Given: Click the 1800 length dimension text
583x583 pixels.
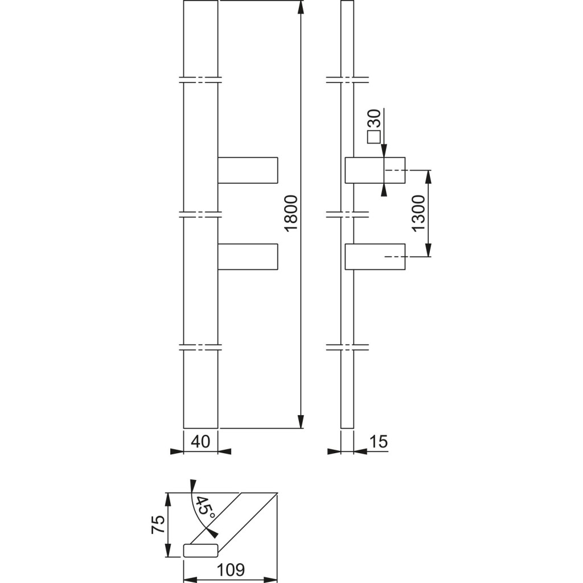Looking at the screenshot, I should [291, 214].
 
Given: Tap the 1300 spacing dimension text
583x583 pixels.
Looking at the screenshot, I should [419, 213].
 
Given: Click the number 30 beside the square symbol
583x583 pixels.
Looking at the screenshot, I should [374, 120].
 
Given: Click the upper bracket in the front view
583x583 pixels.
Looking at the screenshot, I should [248, 170].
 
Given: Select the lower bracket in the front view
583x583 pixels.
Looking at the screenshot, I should [248, 256].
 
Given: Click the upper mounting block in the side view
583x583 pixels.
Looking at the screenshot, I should [375, 170].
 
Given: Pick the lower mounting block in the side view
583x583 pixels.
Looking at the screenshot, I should [375, 256].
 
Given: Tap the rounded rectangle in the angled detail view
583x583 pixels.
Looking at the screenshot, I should [201, 550].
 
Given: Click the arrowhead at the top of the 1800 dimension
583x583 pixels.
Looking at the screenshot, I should [301, 7].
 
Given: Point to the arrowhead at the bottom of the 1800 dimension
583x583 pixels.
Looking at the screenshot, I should [301, 421].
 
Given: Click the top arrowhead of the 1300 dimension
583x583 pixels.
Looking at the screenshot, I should [428, 176].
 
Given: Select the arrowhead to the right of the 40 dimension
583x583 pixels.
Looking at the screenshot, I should [224, 452].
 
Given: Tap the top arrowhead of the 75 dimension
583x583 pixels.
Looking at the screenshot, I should [167, 499].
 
